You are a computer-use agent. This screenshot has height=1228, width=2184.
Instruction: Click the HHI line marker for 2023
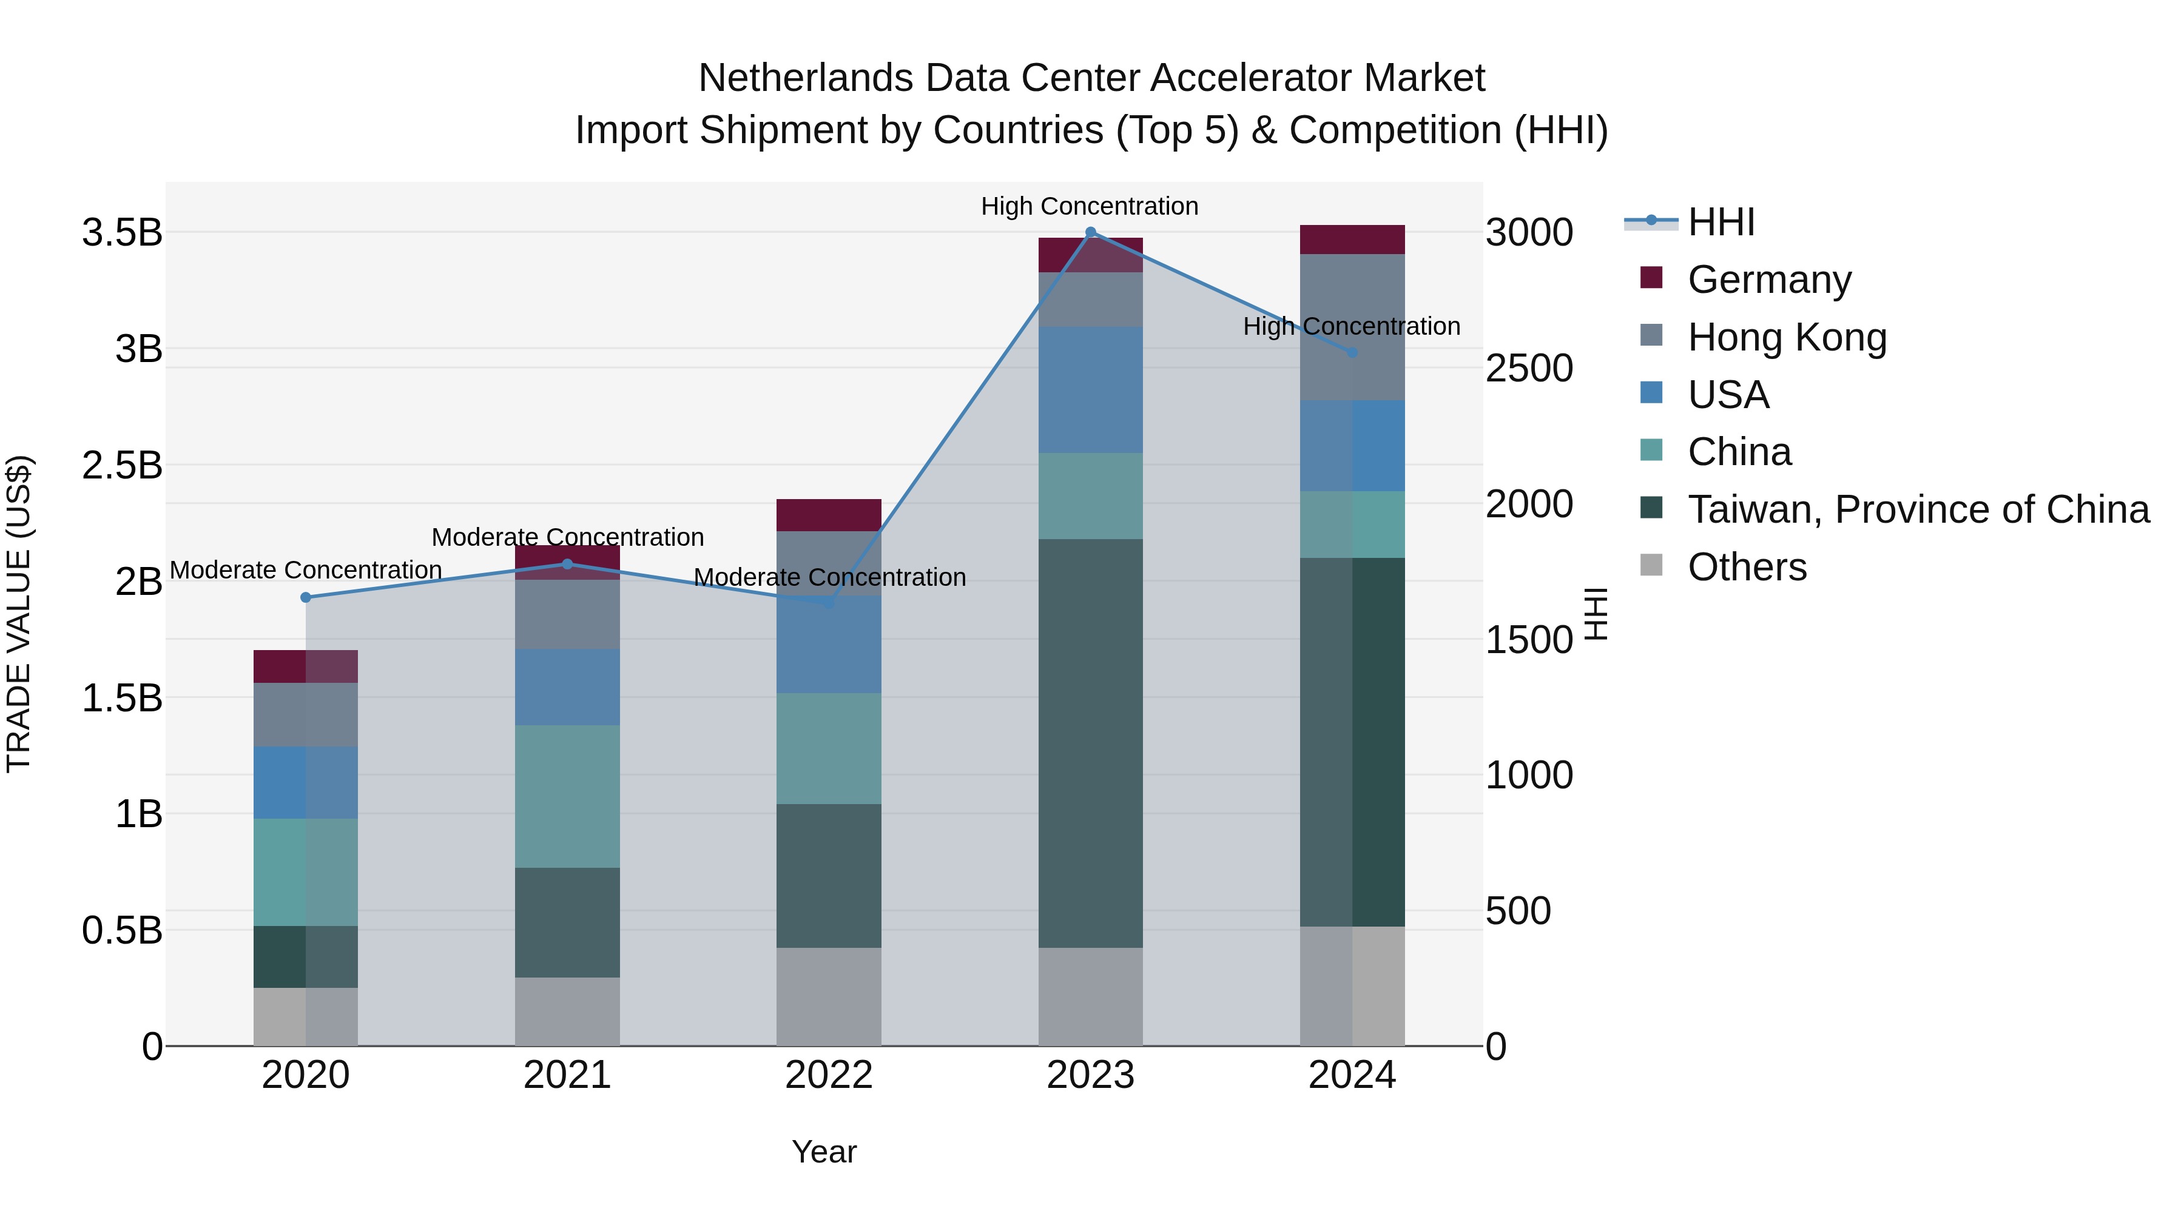click(1090, 232)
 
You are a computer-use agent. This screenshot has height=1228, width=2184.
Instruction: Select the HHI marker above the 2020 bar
click(306, 597)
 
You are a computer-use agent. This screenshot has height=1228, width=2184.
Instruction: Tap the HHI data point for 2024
click(1352, 352)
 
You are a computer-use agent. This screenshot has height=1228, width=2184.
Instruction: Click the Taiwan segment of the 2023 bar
click(1090, 743)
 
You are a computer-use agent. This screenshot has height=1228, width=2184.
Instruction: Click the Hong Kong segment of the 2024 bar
click(1352, 327)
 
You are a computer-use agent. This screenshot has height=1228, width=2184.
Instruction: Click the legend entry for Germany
click(1768, 280)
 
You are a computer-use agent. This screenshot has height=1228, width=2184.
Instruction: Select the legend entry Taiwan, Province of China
click(1918, 509)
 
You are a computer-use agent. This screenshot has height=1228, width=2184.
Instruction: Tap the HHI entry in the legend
click(1721, 222)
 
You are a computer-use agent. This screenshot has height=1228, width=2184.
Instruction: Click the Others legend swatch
click(1651, 565)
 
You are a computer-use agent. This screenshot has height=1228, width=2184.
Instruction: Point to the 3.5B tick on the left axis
click(122, 232)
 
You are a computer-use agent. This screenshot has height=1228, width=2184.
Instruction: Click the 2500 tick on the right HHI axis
click(1529, 368)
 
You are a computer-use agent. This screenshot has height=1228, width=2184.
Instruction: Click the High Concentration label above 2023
click(1090, 206)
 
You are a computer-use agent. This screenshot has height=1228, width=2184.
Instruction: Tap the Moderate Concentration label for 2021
click(567, 537)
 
